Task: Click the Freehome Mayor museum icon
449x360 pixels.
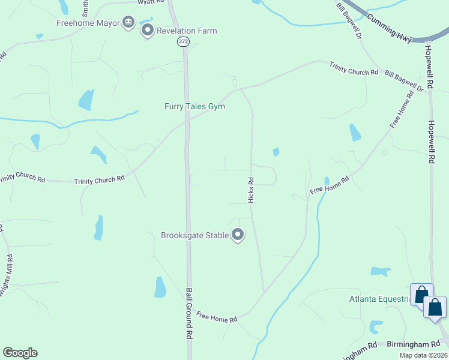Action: (x=128, y=23)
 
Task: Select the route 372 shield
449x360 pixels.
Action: (x=183, y=41)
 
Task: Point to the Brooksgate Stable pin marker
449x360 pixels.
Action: (x=238, y=235)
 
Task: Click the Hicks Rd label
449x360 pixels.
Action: (x=252, y=189)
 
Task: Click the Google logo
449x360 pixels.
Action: (x=20, y=353)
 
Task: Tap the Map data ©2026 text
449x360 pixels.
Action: (x=423, y=355)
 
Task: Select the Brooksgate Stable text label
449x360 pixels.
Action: (x=195, y=235)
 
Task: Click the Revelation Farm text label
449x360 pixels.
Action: (x=187, y=31)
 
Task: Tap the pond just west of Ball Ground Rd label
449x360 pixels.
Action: (x=160, y=287)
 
